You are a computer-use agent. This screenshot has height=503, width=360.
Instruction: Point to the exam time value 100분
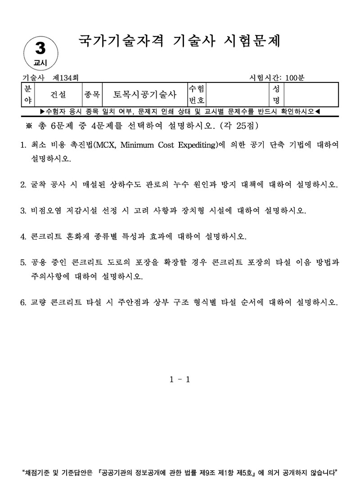pos(295,77)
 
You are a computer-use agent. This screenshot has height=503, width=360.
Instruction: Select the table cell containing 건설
pos(58,95)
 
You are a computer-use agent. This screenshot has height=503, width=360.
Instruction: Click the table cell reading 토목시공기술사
pos(144,95)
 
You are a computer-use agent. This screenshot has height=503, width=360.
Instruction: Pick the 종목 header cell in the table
pos(92,95)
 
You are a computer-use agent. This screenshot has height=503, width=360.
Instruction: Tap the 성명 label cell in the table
pos(276,94)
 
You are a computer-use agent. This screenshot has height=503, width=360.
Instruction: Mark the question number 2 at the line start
pos(23,185)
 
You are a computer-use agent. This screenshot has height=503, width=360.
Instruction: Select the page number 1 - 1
pos(180,380)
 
